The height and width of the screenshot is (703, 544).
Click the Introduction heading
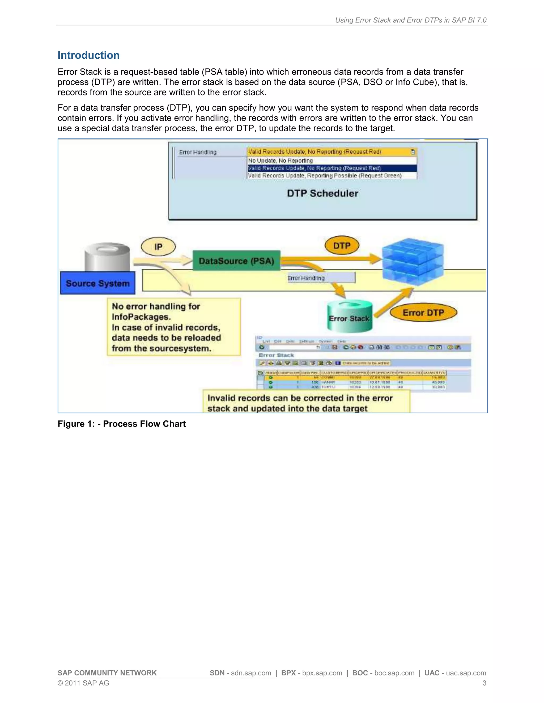pos(89,55)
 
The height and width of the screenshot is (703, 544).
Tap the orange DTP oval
pos(342,246)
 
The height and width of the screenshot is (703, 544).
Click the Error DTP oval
pos(423,313)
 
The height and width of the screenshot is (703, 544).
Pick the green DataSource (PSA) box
pos(236,261)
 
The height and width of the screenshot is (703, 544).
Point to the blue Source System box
pos(98,283)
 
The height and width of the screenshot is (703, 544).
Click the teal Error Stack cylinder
pos(349,317)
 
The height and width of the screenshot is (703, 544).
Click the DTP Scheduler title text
pos(322,193)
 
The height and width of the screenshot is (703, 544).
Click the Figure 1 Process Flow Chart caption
pos(121,424)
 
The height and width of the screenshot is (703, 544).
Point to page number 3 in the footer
pos(484,683)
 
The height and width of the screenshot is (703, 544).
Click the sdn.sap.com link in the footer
pos(251,673)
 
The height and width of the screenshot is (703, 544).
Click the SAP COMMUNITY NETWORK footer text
pos(107,673)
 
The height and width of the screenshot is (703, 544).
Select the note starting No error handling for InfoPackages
pos(173,327)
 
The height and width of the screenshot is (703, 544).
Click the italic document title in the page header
pos(411,20)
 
